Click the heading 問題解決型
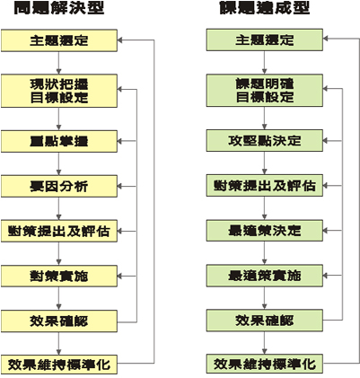[x=59, y=8]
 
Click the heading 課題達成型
[x=265, y=8]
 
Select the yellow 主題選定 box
[x=59, y=40]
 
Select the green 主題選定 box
[x=265, y=40]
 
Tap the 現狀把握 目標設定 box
[x=59, y=91]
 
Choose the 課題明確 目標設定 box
[x=265, y=91]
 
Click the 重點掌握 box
[x=59, y=141]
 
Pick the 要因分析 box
[x=59, y=186]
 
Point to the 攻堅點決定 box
[x=265, y=140]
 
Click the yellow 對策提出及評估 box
[x=59, y=231]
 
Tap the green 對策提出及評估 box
[x=265, y=186]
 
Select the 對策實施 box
[x=59, y=276]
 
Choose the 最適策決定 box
[x=265, y=231]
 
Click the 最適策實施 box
[x=265, y=276]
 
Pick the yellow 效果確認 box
[x=59, y=321]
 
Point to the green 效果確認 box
[x=265, y=321]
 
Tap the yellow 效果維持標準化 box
[x=59, y=365]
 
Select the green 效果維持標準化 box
[x=265, y=364]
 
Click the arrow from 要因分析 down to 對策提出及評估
[x=58, y=208]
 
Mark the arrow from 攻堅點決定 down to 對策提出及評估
[x=264, y=163]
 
